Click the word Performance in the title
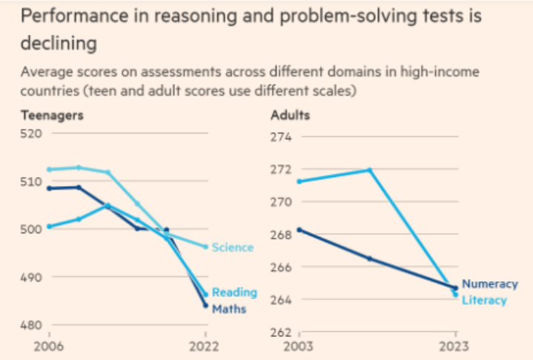(x=66, y=16)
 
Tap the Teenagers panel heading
(x=51, y=116)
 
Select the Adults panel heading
(x=290, y=116)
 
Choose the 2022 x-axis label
(x=205, y=346)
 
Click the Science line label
(x=232, y=247)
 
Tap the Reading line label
(x=234, y=292)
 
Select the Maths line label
(x=229, y=308)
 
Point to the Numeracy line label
(x=489, y=284)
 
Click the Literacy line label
(x=484, y=300)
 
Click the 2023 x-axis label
(x=454, y=346)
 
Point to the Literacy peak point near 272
(x=369, y=170)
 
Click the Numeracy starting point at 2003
(x=299, y=230)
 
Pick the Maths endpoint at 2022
(x=205, y=305)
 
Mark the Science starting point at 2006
(x=49, y=170)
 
